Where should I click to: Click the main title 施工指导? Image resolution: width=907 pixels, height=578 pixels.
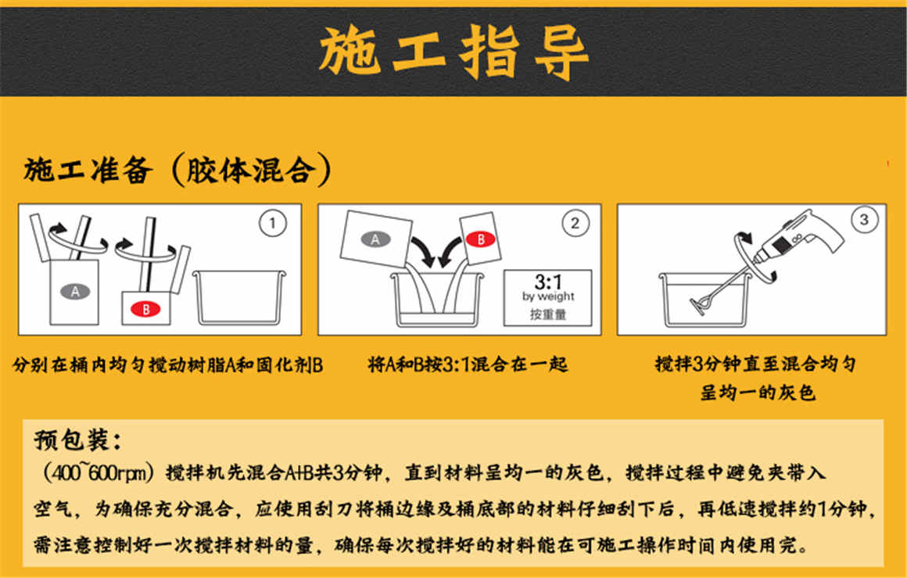click(x=453, y=52)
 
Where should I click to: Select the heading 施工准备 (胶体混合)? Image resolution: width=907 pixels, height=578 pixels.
click(x=178, y=171)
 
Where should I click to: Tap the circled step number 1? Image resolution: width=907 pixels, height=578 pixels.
click(x=271, y=224)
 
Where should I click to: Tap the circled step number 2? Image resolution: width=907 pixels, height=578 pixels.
click(x=575, y=224)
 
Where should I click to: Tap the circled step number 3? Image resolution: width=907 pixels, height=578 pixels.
click(x=863, y=221)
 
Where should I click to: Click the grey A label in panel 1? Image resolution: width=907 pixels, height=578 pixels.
click(x=75, y=292)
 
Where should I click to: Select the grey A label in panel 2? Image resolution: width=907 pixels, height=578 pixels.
click(x=375, y=240)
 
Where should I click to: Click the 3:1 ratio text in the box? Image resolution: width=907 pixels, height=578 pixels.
click(x=548, y=283)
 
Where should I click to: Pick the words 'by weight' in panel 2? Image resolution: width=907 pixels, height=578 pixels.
click(x=548, y=297)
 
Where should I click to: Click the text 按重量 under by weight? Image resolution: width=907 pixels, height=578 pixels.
click(x=548, y=314)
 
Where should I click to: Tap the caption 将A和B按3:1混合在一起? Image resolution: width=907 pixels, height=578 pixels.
click(x=468, y=364)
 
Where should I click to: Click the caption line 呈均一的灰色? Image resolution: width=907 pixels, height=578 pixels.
click(x=757, y=392)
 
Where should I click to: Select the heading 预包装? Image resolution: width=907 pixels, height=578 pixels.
click(x=77, y=440)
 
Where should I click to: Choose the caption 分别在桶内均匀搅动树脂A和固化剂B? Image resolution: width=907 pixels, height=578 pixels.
click(x=167, y=365)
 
